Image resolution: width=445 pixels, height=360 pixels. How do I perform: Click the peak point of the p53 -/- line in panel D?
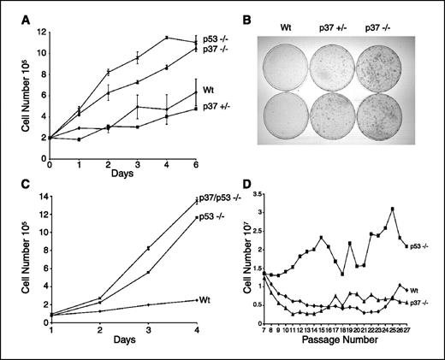point(392,208)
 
